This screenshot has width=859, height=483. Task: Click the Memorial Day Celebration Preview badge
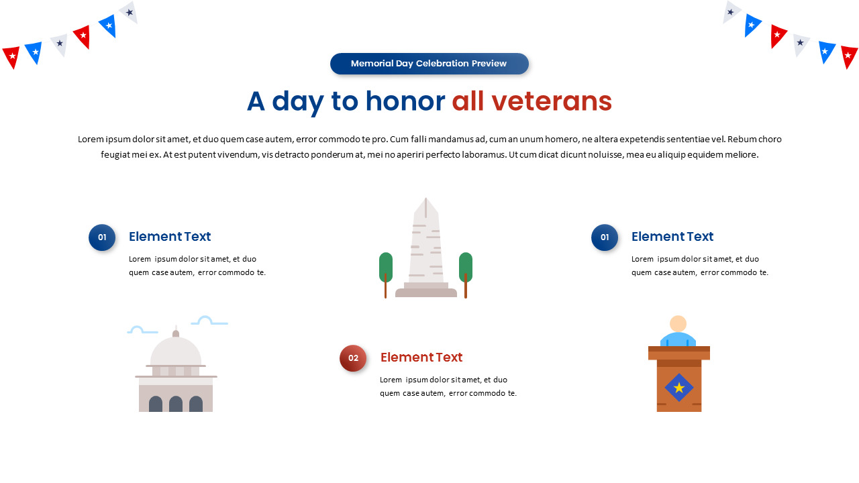429,64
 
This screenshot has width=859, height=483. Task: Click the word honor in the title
405,101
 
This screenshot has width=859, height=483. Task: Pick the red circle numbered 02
353,358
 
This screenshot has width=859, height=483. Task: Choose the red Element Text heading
421,357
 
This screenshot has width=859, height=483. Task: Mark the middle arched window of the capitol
176,405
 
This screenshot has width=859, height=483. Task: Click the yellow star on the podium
679,388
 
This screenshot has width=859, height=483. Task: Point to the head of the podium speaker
678,323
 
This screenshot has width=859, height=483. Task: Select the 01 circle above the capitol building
102,237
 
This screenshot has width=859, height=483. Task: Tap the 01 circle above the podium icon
605,237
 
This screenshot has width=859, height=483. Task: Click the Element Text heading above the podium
672,236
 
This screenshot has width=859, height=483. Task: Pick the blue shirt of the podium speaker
678,339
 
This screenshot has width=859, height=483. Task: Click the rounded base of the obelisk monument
426,292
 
